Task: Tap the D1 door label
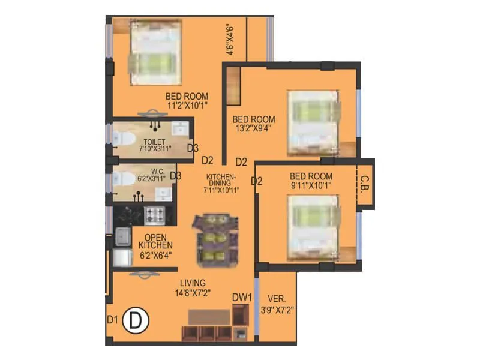coord(112,319)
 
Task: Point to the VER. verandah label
coord(277,299)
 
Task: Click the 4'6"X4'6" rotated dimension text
coord(229,40)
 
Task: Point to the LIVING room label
coord(192,283)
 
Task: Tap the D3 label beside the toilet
coord(193,148)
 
